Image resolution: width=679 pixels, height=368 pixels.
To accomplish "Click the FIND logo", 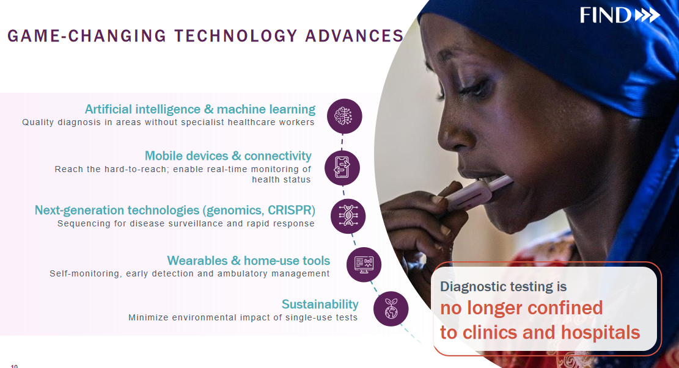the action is [620, 16].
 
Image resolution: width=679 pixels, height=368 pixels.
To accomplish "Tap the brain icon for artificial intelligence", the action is [344, 117].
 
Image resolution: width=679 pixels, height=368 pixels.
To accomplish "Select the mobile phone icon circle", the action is [342, 168].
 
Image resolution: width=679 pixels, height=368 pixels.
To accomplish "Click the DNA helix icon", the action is [348, 216].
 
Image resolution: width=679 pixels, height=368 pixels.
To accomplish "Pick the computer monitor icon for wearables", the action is [364, 265].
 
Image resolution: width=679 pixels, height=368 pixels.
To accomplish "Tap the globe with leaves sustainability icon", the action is [391, 309].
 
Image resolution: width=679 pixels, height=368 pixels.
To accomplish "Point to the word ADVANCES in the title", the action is [354, 36].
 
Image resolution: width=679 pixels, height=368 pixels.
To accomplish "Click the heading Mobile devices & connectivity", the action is [228, 156].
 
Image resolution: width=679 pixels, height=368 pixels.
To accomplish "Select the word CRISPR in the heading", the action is [289, 210].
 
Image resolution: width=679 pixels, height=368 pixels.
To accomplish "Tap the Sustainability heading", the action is [320, 305].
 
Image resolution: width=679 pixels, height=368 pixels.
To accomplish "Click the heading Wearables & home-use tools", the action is [249, 261].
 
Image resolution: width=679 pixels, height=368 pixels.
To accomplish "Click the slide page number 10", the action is [14, 366].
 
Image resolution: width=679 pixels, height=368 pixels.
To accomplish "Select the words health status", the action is [282, 179].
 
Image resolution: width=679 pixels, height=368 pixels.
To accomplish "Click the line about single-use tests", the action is [243, 317].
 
